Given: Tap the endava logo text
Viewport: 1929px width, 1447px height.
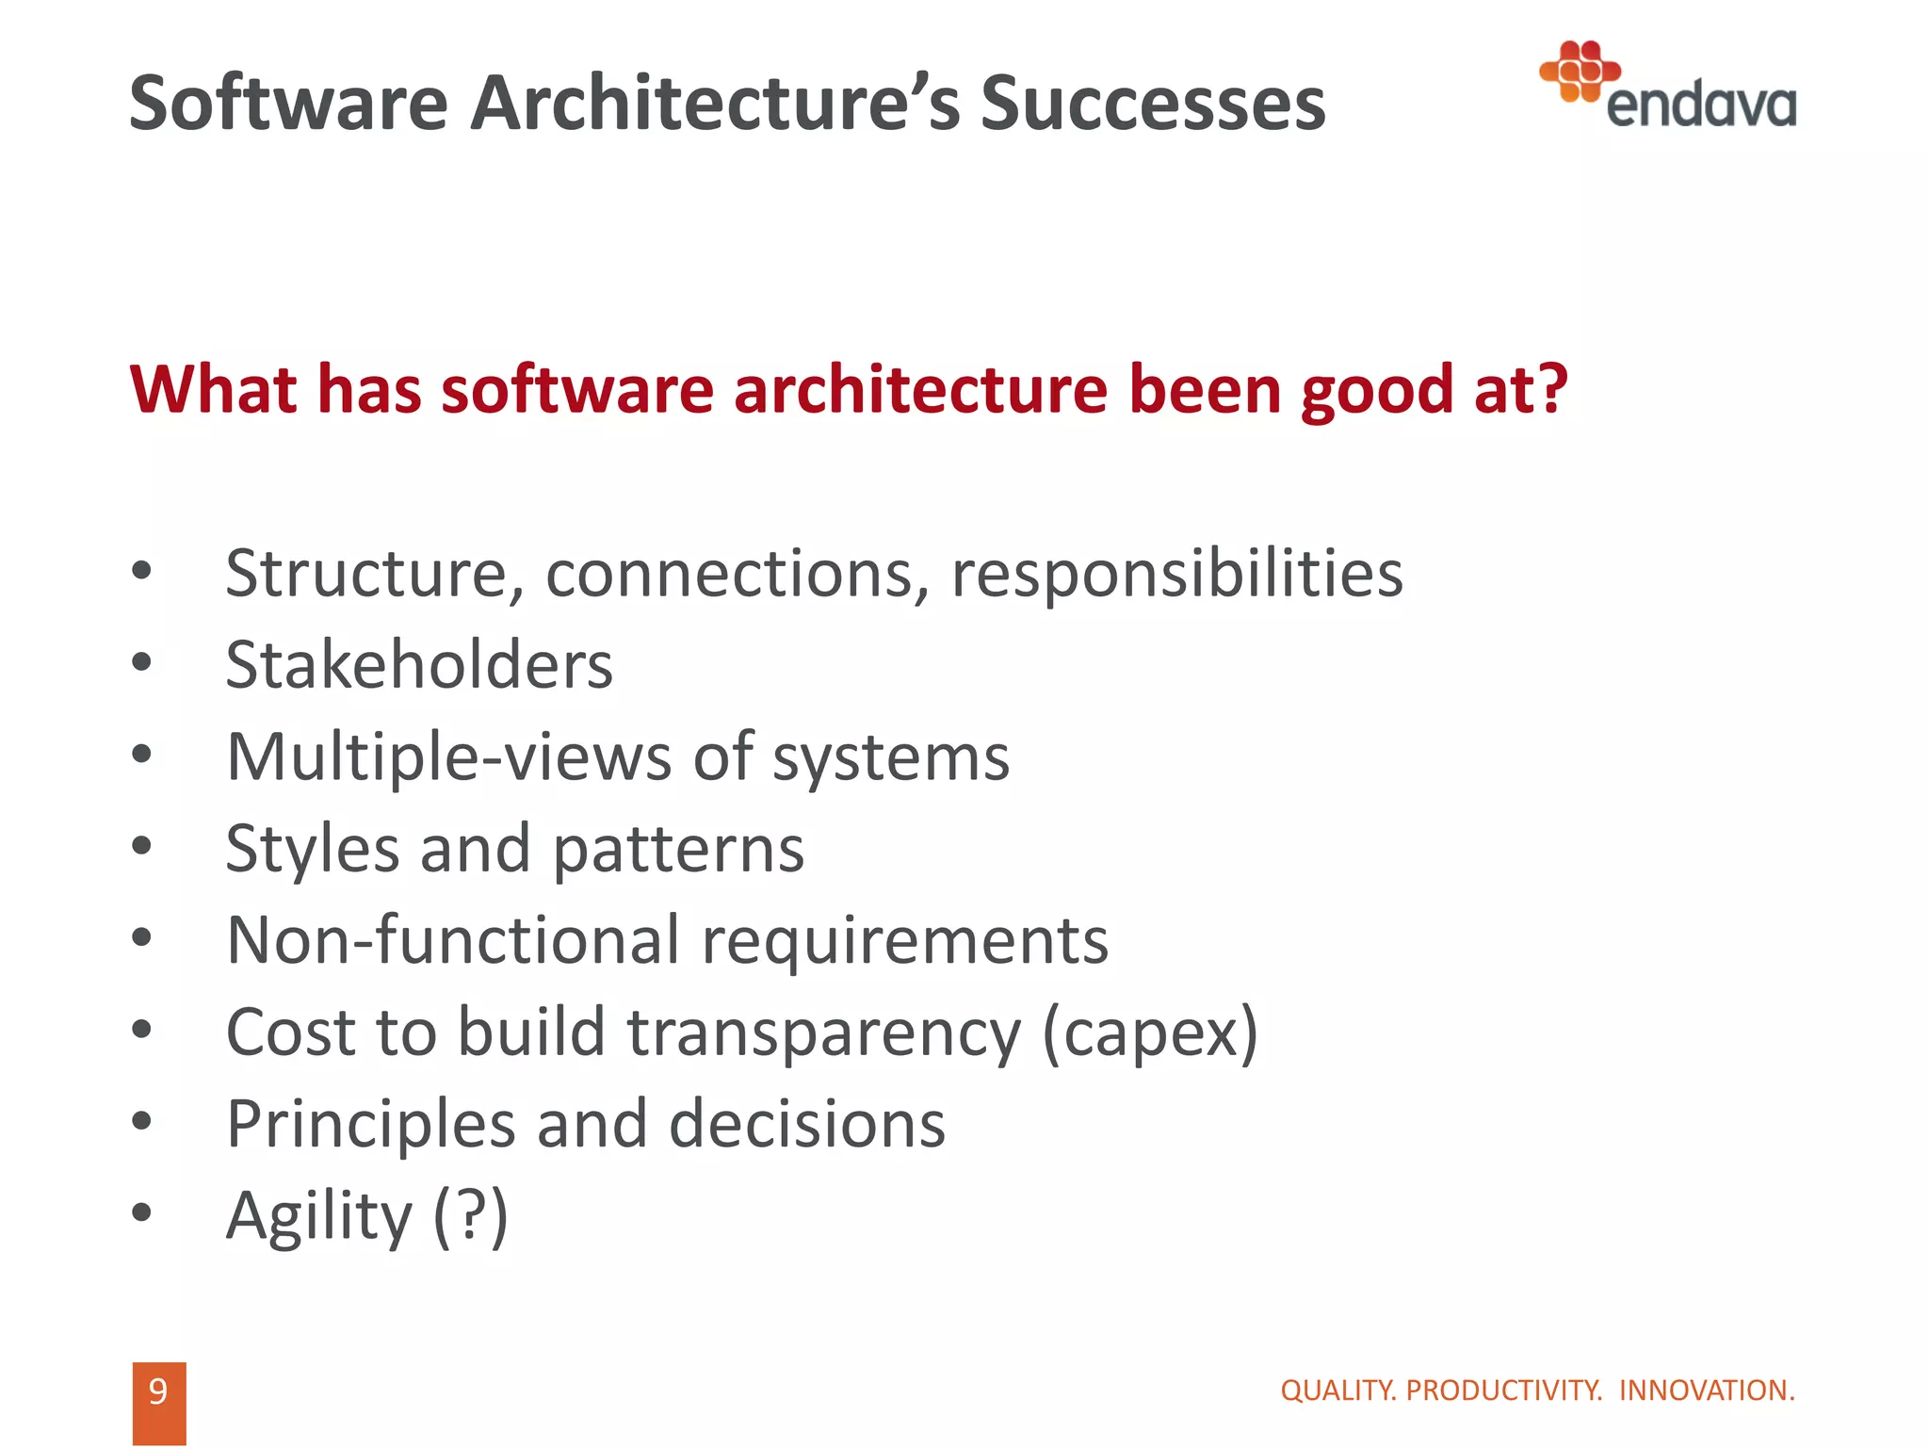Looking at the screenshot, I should [1700, 106].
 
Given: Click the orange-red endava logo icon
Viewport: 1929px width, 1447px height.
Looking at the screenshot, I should [1580, 70].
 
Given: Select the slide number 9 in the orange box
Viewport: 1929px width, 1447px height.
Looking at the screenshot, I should [158, 1391].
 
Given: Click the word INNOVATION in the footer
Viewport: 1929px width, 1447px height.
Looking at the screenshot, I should [1706, 1390].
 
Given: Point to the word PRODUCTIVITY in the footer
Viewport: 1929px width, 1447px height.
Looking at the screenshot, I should [1503, 1390].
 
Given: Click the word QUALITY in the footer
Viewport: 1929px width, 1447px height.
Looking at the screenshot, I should [1338, 1390].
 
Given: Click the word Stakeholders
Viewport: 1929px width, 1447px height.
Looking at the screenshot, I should [419, 665].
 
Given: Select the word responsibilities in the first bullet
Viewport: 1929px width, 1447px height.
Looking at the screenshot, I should [1176, 574].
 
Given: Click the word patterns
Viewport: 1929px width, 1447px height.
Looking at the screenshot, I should [678, 850].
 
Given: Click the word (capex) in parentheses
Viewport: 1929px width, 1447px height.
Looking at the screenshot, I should [1150, 1033].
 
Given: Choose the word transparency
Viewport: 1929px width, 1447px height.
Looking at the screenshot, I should [824, 1033].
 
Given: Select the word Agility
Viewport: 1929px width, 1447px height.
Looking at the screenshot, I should [319, 1216].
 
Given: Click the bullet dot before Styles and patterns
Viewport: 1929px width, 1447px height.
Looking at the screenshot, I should [141, 846].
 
